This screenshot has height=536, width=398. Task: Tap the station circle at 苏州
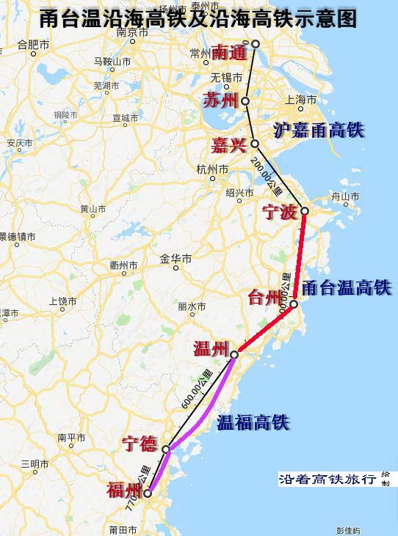tap(245, 101)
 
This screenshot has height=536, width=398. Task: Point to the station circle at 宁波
tap(305, 211)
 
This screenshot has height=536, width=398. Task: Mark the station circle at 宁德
tap(166, 449)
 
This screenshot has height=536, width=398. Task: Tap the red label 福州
tap(124, 489)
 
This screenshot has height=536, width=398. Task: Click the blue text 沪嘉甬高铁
tap(319, 131)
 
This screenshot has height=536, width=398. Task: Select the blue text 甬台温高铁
tap(347, 287)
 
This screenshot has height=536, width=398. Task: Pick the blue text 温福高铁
tap(252, 422)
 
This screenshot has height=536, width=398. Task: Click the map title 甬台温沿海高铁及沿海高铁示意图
tap(199, 18)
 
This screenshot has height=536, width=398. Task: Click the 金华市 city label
tap(176, 259)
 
